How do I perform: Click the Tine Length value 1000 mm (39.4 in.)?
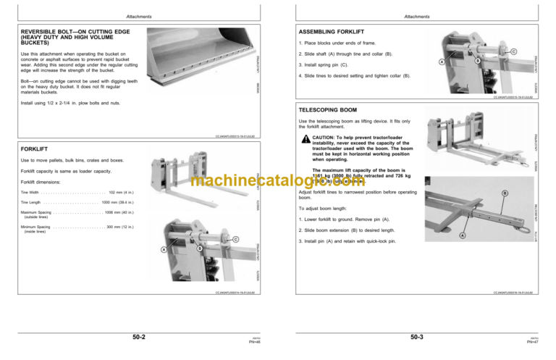[x=122, y=203]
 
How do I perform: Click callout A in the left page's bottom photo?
[x=164, y=251]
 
